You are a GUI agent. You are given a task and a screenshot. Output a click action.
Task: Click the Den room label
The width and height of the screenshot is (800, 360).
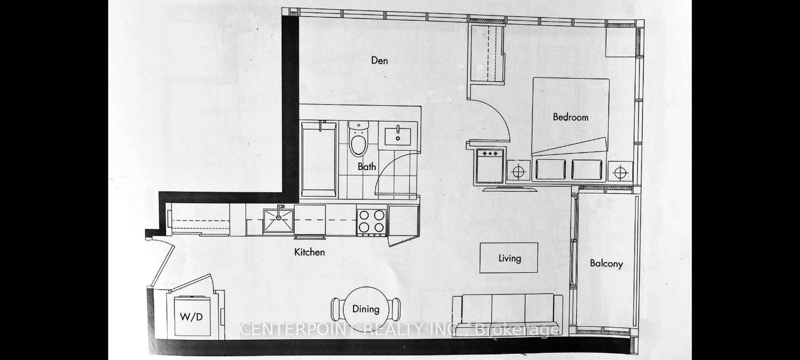[x=379, y=60]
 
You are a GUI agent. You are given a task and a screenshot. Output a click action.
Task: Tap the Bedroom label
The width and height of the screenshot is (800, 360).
[x=571, y=117]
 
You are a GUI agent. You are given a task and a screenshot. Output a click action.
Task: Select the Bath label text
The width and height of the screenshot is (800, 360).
[x=367, y=166]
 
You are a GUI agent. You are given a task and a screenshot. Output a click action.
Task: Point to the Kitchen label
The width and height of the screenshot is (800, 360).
[x=309, y=252]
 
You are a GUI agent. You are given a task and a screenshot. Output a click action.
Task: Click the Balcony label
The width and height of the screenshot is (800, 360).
[x=606, y=264]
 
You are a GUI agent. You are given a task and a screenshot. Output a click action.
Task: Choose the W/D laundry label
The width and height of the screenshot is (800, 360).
[x=191, y=316]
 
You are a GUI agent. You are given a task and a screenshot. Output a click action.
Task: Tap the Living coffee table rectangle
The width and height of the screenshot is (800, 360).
[x=509, y=258]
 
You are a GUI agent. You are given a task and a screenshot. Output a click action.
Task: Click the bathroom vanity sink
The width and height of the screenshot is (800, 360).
[x=398, y=134]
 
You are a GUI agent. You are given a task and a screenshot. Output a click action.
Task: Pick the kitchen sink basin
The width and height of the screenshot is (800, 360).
[x=278, y=220]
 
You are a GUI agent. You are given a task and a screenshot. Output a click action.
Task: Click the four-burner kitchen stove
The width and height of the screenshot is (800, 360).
[x=372, y=222]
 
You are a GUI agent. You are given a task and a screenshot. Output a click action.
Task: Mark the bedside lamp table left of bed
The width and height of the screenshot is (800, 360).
[x=518, y=172]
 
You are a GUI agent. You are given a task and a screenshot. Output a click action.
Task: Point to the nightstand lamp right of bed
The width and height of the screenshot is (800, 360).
[x=620, y=172]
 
